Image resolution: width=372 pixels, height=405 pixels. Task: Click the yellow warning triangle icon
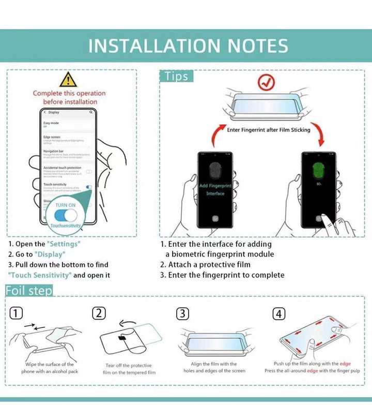(68, 80)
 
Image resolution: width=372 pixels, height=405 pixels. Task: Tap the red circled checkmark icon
(267, 82)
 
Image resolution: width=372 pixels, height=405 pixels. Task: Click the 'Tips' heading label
(176, 76)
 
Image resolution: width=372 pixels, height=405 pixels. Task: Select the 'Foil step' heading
(29, 291)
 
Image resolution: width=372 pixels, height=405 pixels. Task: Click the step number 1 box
(16, 313)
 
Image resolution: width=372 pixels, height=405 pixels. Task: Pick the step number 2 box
(99, 313)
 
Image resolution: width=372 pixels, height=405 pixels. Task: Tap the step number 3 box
(182, 313)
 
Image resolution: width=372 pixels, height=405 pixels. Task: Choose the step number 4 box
(279, 313)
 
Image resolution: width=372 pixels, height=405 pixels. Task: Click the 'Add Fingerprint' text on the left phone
(215, 186)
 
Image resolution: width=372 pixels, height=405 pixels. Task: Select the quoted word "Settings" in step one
(64, 244)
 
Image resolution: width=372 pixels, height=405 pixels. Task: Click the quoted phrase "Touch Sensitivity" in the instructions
(39, 275)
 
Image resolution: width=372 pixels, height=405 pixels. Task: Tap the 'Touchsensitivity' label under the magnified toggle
(65, 226)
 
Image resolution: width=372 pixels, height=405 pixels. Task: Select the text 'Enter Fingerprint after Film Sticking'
(269, 130)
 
